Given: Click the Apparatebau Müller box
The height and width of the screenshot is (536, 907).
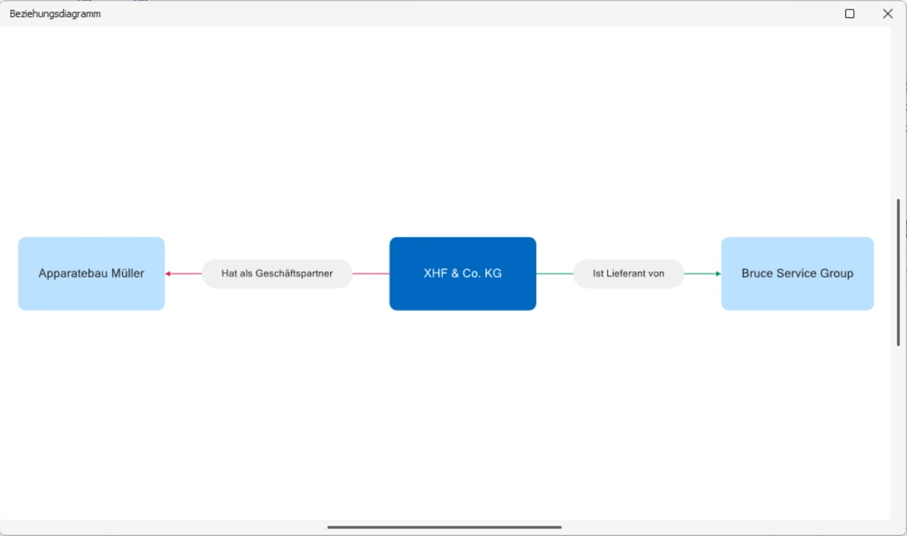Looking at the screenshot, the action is pos(91,274).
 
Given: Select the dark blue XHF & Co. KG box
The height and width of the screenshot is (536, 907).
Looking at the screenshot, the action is pos(463,274).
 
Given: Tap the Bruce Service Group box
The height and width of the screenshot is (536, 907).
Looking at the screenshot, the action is pos(797,274).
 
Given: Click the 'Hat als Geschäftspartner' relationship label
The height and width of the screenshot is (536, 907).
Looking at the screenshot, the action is pos(277,274).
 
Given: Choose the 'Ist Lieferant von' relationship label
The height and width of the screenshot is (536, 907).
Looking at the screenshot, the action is pos(629,274).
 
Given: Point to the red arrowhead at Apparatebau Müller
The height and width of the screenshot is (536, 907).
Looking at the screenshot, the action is pos(168,274).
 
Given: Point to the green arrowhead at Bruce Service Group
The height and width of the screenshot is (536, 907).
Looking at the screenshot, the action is pos(718,274).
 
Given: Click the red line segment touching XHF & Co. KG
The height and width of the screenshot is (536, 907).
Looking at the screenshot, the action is pos(371,274).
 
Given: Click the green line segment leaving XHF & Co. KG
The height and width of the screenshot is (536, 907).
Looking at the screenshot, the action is pos(555,274).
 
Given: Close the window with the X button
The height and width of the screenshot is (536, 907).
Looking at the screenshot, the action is pos(887,14).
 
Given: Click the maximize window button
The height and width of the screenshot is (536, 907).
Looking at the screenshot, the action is pos(850,14).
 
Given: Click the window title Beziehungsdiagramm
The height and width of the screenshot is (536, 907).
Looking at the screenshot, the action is pos(55,14).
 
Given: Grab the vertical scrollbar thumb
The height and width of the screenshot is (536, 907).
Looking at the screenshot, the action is pos(898,272).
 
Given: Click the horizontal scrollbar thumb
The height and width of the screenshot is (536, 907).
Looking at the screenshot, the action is pos(444,527).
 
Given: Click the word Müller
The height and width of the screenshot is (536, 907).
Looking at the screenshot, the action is pos(128,274).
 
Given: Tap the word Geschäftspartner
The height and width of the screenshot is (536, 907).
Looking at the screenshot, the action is pos(294,274).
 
